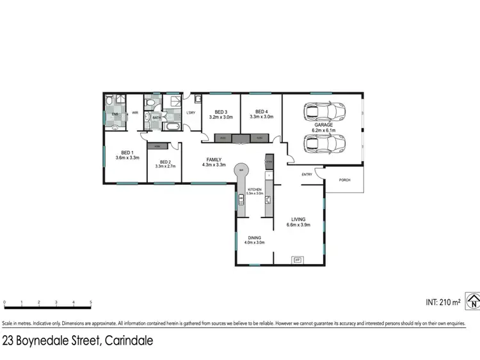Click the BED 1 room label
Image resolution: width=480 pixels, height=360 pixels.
click(127, 153)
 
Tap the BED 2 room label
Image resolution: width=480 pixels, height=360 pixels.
click(164, 162)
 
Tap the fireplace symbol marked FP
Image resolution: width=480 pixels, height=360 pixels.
click(296, 260)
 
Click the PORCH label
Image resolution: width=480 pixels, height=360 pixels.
click(345, 181)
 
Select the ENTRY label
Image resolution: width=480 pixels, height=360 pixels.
click(307, 174)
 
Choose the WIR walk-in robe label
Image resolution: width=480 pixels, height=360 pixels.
click(135, 113)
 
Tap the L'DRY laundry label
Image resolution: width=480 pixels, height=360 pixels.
click(190, 113)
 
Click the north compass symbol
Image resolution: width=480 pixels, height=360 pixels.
click(473, 301)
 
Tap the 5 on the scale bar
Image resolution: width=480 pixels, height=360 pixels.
click(91, 302)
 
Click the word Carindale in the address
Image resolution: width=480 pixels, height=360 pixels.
click(127, 341)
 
